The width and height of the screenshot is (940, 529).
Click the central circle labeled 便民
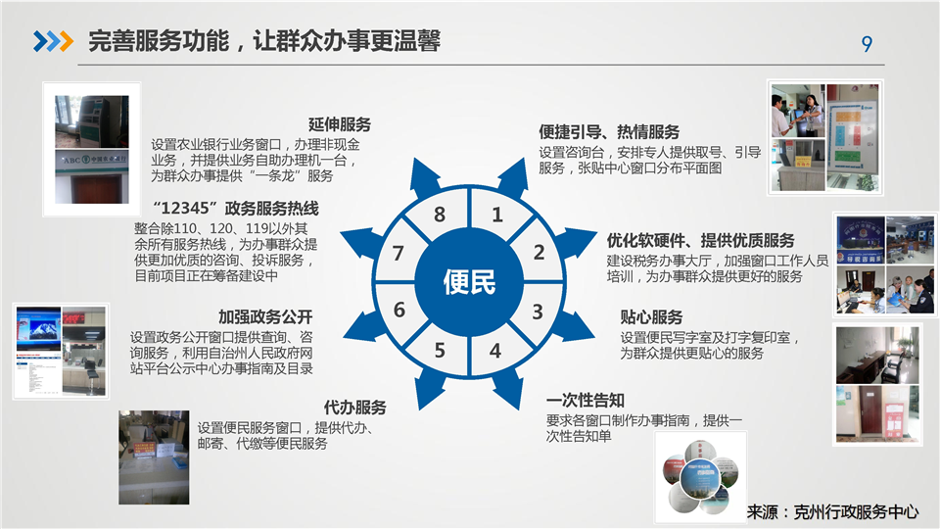pyautogui.click(x=469, y=282)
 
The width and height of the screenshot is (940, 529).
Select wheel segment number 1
pyautogui.click(x=497, y=215)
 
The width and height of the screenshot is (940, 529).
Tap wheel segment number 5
pyautogui.click(x=440, y=350)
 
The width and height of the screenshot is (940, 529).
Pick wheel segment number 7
pyautogui.click(x=398, y=253)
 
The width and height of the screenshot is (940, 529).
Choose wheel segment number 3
pyautogui.click(x=538, y=312)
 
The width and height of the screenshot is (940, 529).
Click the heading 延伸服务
pyautogui.click(x=340, y=124)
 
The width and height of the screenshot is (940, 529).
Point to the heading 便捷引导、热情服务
pyautogui.click(x=609, y=131)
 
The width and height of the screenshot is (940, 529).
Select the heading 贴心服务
pyautogui.click(x=651, y=316)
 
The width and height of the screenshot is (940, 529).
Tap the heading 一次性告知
pyautogui.click(x=586, y=400)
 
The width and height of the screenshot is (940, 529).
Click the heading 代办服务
pyautogui.click(x=354, y=408)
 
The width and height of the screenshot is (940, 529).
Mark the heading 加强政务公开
pyautogui.click(x=265, y=316)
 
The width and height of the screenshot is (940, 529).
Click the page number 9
pyautogui.click(x=867, y=44)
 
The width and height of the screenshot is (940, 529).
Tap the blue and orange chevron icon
pyautogui.click(x=53, y=41)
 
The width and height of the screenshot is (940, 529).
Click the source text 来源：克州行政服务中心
pyautogui.click(x=832, y=511)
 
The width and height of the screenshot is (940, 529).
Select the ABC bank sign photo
pyautogui.click(x=92, y=177)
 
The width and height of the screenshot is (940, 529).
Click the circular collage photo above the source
pyautogui.click(x=700, y=477)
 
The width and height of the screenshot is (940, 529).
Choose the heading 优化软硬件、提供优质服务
pyautogui.click(x=700, y=241)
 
